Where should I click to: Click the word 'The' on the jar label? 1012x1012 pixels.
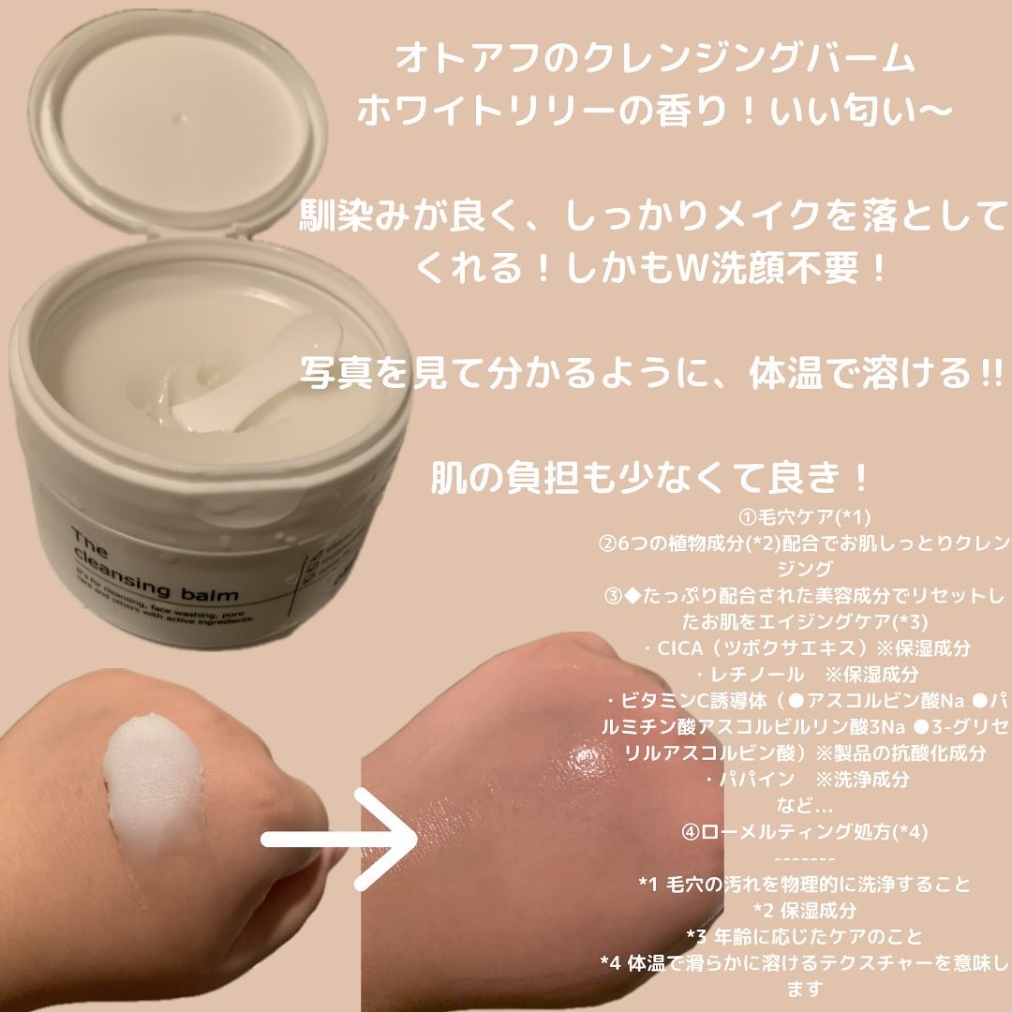90,540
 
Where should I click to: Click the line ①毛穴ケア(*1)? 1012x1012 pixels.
806,517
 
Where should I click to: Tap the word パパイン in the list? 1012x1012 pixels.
750,778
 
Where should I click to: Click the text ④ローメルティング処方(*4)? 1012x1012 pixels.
806,830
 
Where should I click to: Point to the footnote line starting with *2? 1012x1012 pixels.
806,910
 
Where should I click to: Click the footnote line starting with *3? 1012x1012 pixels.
806,936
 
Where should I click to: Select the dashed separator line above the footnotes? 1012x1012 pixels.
806,857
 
